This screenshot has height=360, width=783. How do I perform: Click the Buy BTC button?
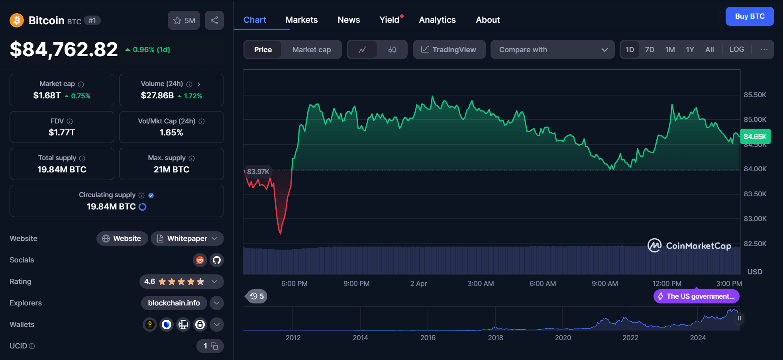pos(749,16)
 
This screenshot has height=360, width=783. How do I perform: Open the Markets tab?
pos(301,20)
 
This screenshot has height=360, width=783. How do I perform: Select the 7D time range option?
pos(650,50)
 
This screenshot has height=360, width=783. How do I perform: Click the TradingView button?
pos(449,50)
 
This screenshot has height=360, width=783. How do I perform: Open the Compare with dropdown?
pos(552,50)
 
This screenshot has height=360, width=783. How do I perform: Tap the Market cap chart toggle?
pos(311,50)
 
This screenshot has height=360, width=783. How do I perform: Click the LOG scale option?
pos(736,49)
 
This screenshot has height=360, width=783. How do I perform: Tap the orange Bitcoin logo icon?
pos(17,20)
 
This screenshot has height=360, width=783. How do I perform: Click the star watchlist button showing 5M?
pos(184,20)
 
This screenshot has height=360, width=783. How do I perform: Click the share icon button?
pos(214,20)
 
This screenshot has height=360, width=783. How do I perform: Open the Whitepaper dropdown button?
pos(187,239)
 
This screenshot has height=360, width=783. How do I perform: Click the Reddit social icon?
pos(200,260)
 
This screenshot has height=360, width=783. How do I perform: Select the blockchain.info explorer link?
pos(174,303)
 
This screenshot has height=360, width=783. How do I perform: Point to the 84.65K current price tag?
pos(755,137)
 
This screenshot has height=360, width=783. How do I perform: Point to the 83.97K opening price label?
pos(258,172)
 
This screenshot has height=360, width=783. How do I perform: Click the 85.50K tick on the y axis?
pos(755,95)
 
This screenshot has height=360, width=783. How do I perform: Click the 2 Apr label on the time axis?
pos(418,284)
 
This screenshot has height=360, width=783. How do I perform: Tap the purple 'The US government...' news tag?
pos(696,296)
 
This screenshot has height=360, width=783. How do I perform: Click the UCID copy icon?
pos(214,346)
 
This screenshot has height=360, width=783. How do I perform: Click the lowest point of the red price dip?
pos(281,233)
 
